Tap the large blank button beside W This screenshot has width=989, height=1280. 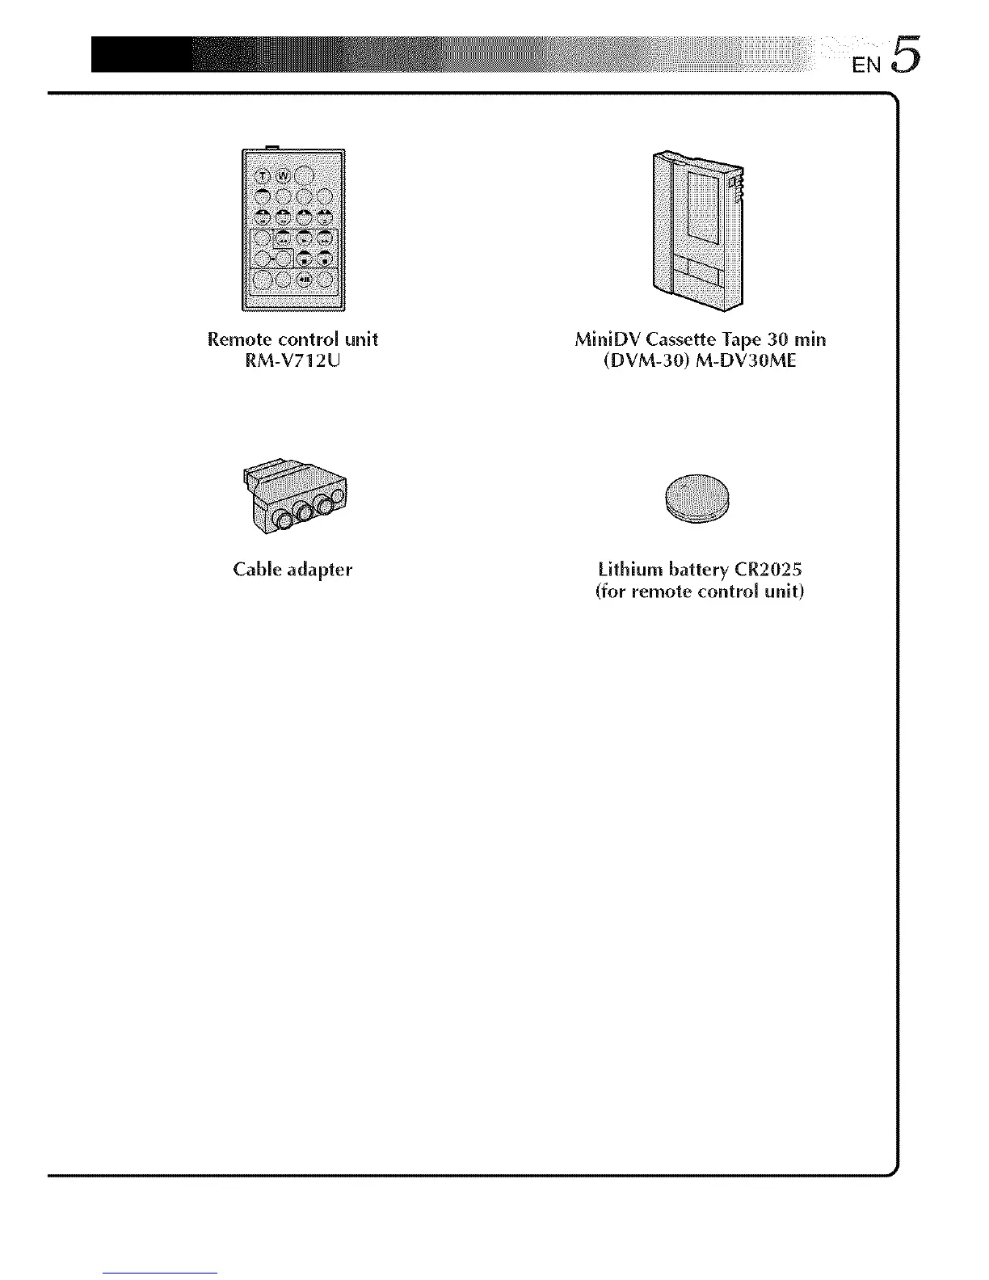[x=305, y=176]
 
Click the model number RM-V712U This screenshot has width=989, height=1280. [x=292, y=361]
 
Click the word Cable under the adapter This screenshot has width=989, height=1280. [x=256, y=570]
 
